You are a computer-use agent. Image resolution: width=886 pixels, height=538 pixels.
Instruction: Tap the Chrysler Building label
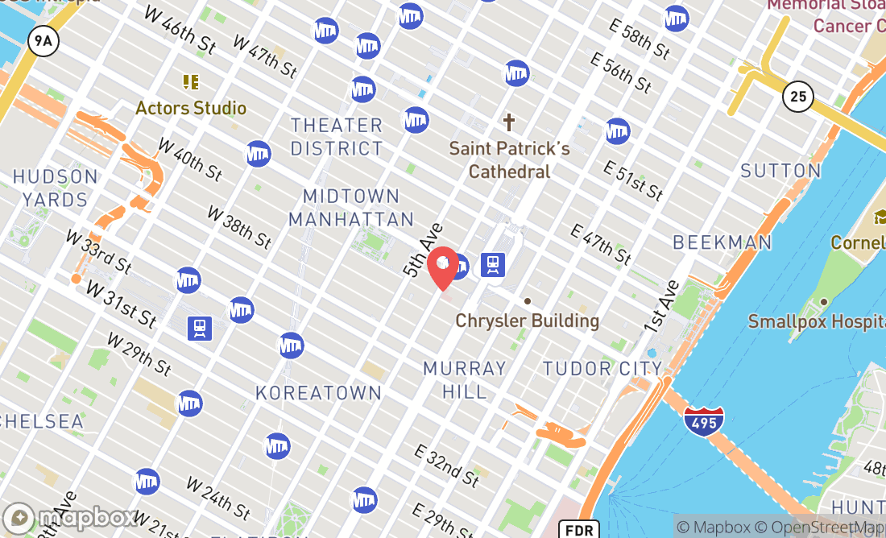(x=528, y=321)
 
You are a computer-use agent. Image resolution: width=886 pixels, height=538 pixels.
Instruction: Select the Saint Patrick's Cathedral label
(x=509, y=159)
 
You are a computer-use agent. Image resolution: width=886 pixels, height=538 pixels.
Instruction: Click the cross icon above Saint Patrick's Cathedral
(x=508, y=122)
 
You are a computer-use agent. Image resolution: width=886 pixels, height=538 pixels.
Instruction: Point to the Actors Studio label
(x=191, y=108)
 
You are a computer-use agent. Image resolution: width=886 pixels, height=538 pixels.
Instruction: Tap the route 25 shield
(x=797, y=97)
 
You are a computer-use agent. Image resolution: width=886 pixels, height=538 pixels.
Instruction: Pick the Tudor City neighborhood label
(x=602, y=369)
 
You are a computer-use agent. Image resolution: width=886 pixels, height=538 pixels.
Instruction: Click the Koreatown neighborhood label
(x=318, y=393)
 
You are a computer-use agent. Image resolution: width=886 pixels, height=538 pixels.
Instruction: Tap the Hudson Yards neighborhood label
(x=56, y=188)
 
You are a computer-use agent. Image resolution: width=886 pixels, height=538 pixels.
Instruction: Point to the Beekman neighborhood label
(x=722, y=242)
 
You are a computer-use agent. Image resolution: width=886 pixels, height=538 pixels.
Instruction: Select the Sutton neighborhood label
(x=780, y=171)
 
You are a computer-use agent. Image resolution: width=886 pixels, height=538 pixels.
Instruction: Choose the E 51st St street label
(x=633, y=180)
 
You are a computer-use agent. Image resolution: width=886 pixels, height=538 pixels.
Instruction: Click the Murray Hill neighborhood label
(x=465, y=380)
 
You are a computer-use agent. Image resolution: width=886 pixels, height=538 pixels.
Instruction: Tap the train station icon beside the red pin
(x=492, y=264)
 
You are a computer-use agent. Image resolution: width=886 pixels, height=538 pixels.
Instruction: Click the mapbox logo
(x=72, y=517)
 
